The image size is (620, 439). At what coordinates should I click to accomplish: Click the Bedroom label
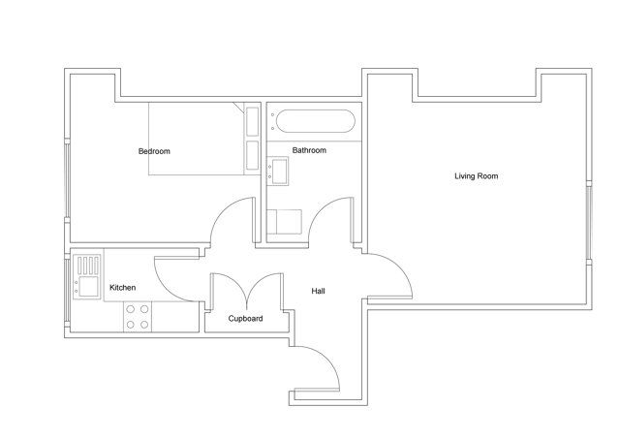click(154, 151)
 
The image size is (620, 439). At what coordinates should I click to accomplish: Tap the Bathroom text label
click(309, 150)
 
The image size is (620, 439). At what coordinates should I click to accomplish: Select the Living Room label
click(476, 176)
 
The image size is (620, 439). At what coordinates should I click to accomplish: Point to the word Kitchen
click(123, 288)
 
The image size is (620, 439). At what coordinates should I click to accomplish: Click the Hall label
click(318, 291)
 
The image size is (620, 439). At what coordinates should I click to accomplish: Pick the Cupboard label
click(245, 319)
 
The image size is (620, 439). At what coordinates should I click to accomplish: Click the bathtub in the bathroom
click(316, 121)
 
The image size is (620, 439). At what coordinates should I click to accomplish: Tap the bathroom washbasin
click(278, 171)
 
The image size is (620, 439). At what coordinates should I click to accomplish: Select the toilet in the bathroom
click(285, 222)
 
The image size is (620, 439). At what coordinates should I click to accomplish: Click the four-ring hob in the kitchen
click(138, 316)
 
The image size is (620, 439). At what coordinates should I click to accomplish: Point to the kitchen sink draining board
click(88, 265)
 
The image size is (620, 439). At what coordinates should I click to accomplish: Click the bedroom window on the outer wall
click(67, 180)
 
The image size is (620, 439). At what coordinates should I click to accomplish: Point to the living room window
click(589, 222)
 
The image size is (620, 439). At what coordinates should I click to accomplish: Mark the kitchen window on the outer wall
click(67, 291)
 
